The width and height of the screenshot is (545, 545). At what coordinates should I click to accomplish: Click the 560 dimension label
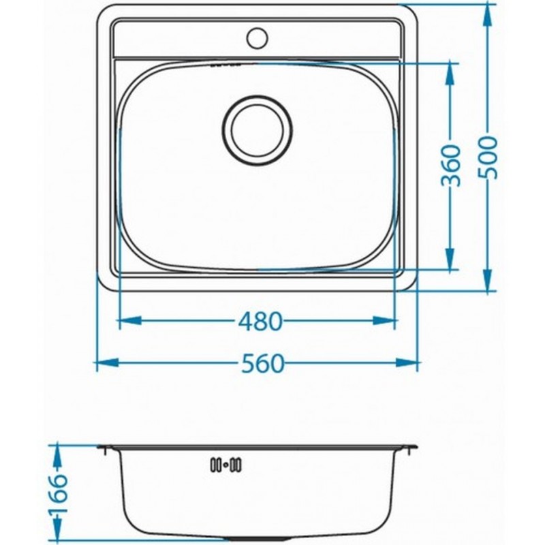[x=263, y=363]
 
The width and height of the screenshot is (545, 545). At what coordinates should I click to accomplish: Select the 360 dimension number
[x=451, y=166]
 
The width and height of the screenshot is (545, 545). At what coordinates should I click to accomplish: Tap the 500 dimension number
[x=488, y=157]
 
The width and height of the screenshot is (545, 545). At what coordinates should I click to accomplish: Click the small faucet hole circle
[x=258, y=37]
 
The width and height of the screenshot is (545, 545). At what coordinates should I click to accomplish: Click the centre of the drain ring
[x=257, y=129]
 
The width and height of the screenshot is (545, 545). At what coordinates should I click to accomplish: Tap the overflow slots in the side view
[x=226, y=465]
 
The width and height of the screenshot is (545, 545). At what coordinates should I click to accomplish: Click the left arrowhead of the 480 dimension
[x=130, y=320]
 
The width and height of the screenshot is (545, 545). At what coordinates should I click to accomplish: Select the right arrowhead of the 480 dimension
[x=384, y=320]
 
